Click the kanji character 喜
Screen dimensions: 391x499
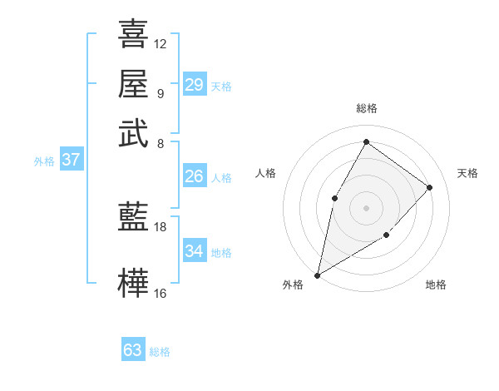pos(133,34)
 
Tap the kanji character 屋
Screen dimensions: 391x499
pos(133,83)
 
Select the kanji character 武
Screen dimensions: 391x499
pos(133,132)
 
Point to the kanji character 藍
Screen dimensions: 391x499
pos(133,216)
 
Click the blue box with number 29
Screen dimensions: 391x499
pos(194,85)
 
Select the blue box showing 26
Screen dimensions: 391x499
pos(194,176)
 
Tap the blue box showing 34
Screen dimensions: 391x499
pos(194,251)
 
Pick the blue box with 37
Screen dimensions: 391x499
pos(71,161)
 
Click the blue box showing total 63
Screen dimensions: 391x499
pos(133,350)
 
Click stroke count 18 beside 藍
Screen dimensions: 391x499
pos(161,226)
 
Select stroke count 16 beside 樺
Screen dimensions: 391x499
pos(161,293)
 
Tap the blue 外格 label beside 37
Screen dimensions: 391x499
pos(44,161)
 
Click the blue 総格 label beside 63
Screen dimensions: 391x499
pos(160,352)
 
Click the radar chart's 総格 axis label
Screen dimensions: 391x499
pos(366,109)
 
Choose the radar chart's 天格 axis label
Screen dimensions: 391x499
pos(467,173)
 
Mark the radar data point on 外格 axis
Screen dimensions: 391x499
pos(317,275)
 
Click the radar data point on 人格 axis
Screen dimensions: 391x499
pos(334,197)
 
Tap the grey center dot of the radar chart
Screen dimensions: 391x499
pos(366,207)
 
